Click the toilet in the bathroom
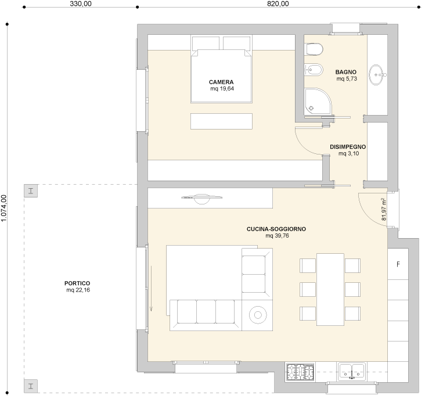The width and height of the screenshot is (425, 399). coord(314,49)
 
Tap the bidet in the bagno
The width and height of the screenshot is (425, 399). coord(314,70)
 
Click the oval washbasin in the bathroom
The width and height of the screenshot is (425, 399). coord(377,75)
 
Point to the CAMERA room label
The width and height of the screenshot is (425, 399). coord(221,82)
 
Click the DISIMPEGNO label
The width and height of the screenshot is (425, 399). coord(348,147)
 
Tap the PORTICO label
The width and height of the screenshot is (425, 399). coord(77,283)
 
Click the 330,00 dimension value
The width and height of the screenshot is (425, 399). coord(81,3)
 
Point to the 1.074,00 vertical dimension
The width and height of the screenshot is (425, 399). coord(3,208)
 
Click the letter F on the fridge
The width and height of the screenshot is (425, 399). coord(398,264)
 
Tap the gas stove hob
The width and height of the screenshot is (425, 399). coord(300,371)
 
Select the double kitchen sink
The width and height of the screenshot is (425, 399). coord(351,371)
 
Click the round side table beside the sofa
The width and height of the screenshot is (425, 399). coord(258,315)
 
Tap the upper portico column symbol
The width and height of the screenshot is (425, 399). coord(31,191)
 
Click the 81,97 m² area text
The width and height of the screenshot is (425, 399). coord(384,209)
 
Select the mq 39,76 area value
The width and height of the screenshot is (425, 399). coord(277,236)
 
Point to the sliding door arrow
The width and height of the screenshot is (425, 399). coord(151,289)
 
